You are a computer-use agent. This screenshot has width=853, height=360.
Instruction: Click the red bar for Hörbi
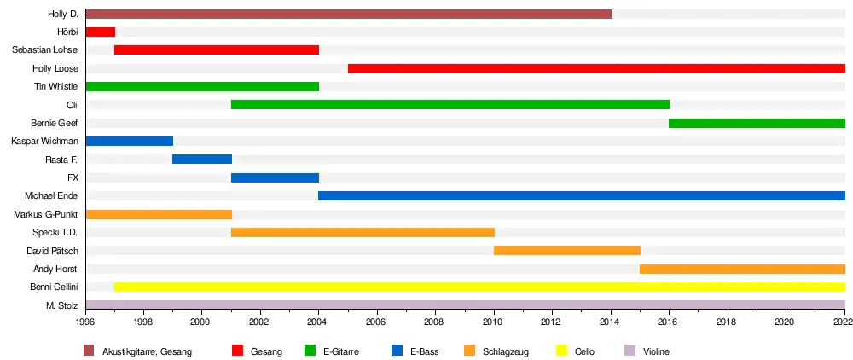coord(101,32)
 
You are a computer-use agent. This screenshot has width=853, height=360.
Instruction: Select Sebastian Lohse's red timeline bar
coord(217,50)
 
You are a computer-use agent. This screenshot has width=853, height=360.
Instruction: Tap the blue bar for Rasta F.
coord(202,160)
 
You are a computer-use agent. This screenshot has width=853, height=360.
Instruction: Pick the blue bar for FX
coord(275,178)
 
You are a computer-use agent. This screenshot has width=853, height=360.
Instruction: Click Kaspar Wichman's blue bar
coord(130,142)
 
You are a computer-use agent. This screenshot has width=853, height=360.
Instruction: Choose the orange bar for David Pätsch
coord(567,251)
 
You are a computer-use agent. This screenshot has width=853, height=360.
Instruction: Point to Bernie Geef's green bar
coord(757,123)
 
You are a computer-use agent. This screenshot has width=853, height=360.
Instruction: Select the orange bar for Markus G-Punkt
coord(159,214)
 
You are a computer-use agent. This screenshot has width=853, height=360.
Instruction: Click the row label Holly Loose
coord(55,68)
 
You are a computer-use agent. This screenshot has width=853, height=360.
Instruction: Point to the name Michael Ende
coord(52,196)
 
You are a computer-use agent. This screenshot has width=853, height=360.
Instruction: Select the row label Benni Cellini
coord(54,287)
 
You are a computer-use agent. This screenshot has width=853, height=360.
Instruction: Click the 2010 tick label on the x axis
coord(493,322)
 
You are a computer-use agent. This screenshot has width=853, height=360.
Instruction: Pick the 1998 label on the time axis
coord(142,322)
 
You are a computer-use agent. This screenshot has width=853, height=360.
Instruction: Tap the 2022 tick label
coord(844,322)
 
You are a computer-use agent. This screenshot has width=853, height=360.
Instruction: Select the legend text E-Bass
coord(424,351)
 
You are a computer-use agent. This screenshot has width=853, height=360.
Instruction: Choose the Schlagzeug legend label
coord(502,351)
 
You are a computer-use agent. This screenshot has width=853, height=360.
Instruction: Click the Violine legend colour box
coord(630,351)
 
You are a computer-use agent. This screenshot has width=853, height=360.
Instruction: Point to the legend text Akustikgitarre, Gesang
coord(147,351)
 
